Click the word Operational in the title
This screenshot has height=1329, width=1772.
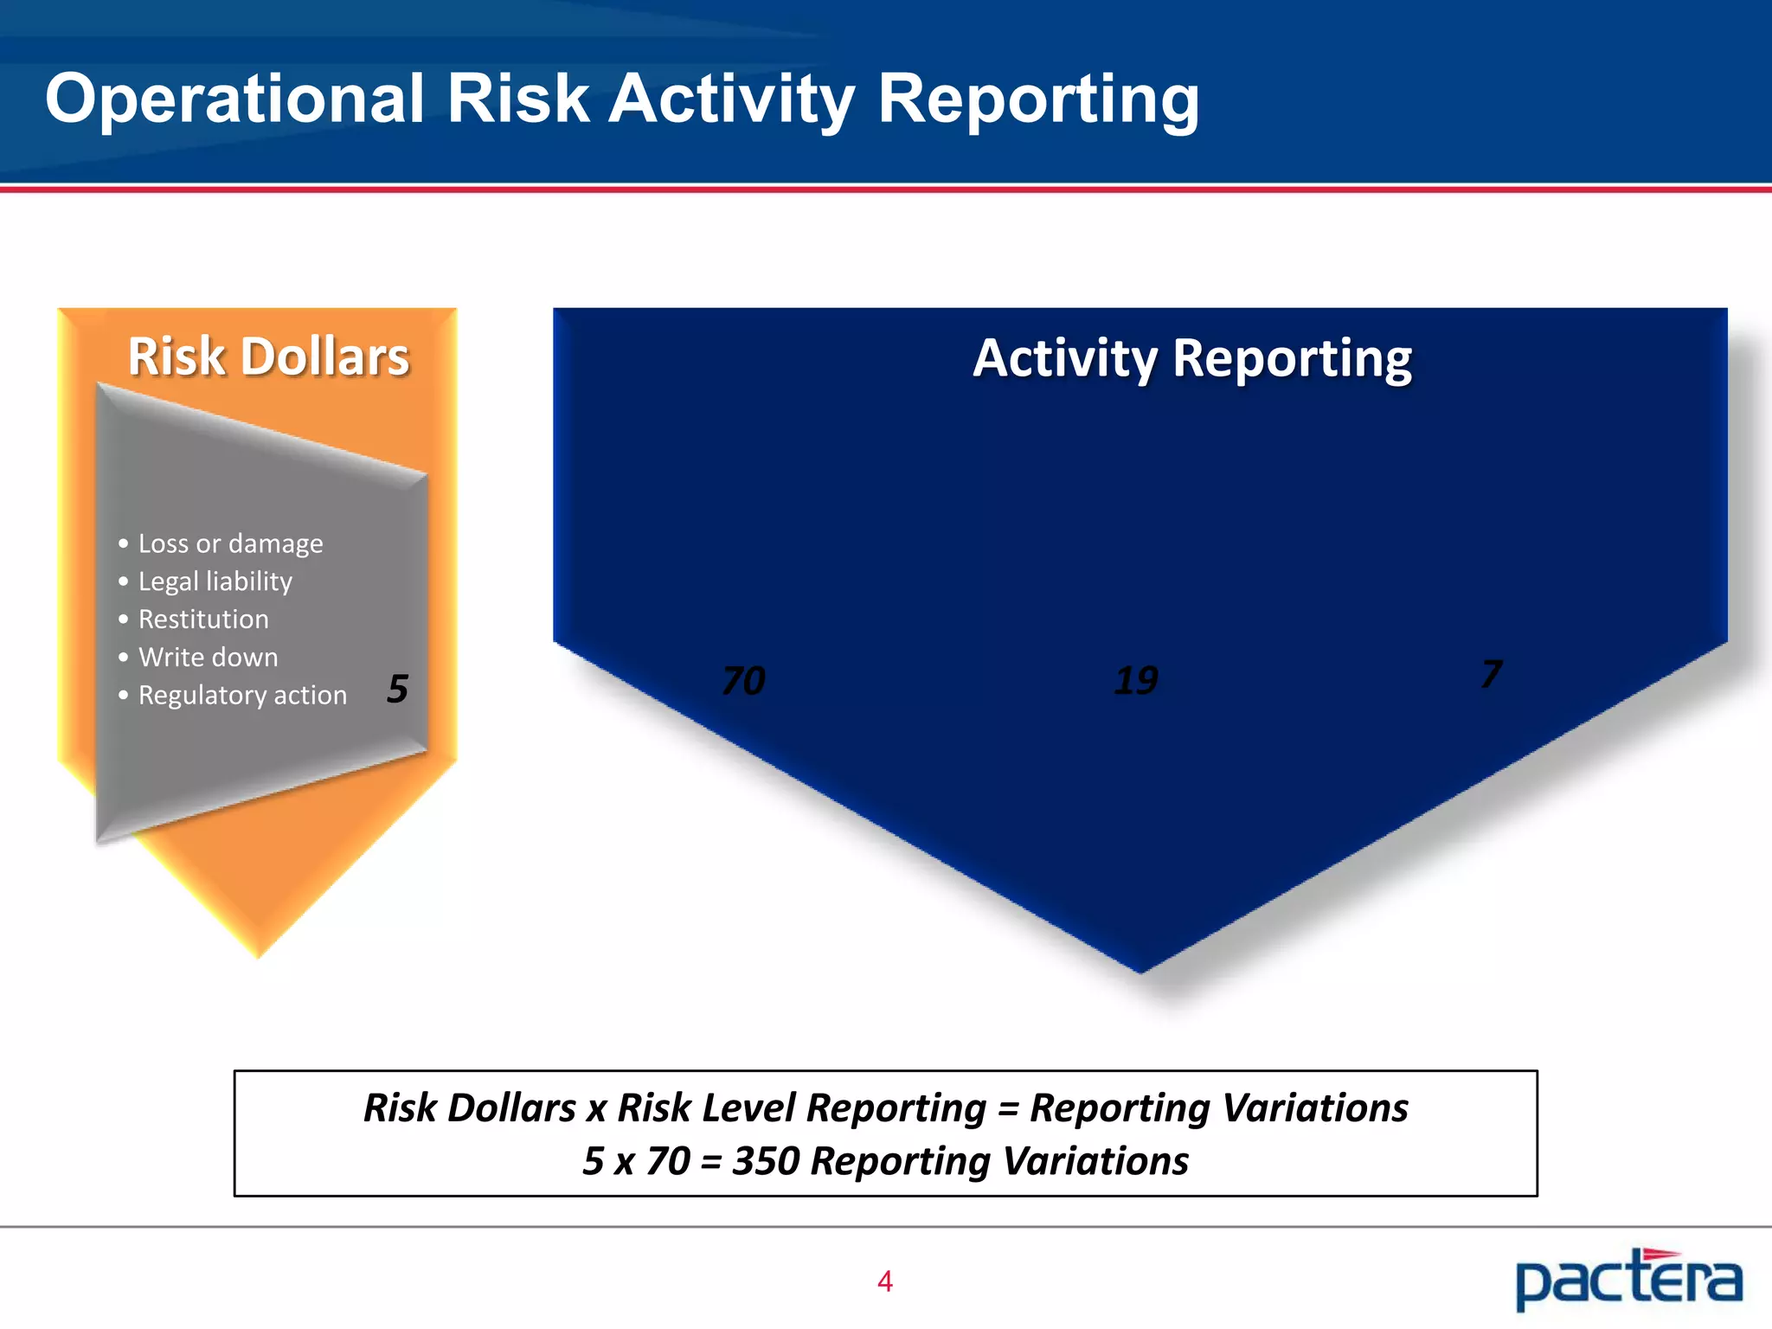tap(234, 100)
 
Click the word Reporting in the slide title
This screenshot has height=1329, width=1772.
tap(1038, 100)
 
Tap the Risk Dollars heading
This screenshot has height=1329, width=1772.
tap(268, 357)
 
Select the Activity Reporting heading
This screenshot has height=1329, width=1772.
tap(1192, 359)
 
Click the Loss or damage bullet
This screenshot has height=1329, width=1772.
tap(230, 543)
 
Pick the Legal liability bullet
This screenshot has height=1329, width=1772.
tap(215, 581)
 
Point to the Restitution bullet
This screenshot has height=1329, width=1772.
tap(203, 620)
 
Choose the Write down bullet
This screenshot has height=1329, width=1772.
tap(208, 658)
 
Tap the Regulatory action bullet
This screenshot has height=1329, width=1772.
tap(242, 696)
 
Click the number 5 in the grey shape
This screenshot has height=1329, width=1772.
tap(397, 689)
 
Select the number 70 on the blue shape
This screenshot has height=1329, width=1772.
tap(743, 681)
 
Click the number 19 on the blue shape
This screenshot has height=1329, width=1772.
tap(1136, 681)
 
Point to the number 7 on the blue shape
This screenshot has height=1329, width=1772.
tap(1491, 674)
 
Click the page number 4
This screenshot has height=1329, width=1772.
tap(884, 1281)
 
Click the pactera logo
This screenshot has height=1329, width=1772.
tap(1628, 1280)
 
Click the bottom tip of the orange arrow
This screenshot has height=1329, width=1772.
tap(258, 954)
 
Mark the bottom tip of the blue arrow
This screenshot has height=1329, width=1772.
tap(1140, 971)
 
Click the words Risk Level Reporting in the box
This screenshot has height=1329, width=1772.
tap(801, 1108)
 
